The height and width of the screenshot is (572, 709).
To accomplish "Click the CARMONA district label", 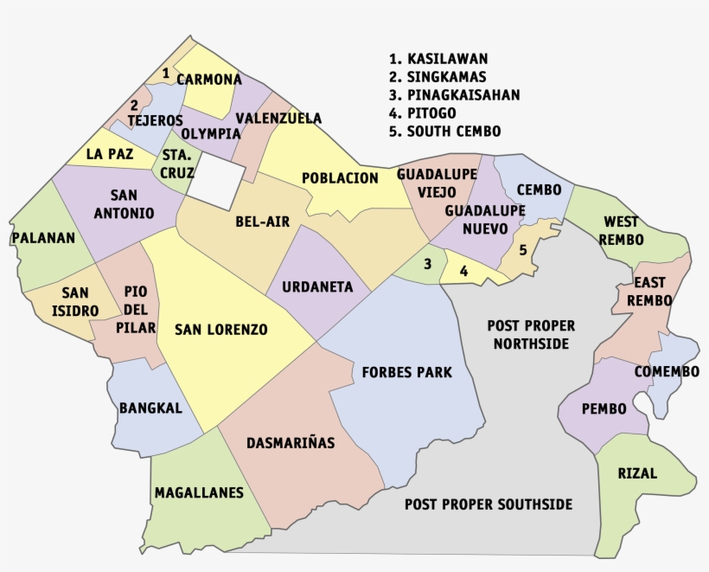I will (209, 80).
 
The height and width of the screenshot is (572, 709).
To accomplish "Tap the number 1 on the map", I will (165, 73).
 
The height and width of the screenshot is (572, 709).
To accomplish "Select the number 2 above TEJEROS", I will (135, 103).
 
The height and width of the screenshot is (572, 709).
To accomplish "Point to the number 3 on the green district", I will (427, 264).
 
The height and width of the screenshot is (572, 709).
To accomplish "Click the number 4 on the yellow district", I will (464, 271).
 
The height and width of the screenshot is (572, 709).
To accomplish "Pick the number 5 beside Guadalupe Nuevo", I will (523, 250).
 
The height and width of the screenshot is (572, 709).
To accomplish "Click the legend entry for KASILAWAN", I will (438, 59).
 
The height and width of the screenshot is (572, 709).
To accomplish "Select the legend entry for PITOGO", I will (423, 113).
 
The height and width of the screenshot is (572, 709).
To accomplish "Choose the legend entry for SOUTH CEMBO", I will (444, 132).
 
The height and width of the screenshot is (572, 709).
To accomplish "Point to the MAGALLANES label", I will (199, 492).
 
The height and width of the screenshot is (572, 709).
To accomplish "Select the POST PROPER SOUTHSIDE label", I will (489, 505).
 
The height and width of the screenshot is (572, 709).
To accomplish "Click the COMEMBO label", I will (667, 372).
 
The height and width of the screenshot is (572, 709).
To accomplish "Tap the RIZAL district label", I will (637, 473).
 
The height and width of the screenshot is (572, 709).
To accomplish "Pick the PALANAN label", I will (44, 237).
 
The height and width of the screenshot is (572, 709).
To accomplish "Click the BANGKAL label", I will (151, 408).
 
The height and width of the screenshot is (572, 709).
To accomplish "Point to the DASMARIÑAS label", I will (291, 442).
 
